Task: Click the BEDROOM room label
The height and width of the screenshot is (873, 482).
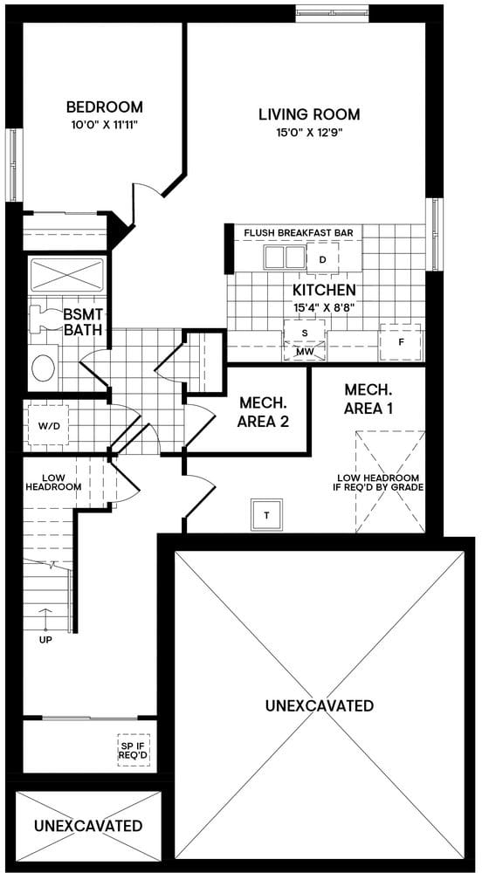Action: pyautogui.click(x=105, y=107)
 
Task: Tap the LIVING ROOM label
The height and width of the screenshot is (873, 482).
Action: pyautogui.click(x=309, y=114)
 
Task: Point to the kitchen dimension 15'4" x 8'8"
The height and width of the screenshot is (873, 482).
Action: pyautogui.click(x=323, y=307)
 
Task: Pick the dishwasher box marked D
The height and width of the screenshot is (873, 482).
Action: pyautogui.click(x=322, y=259)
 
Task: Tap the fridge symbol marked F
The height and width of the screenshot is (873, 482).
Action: pyautogui.click(x=401, y=341)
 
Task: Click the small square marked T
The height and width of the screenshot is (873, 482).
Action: pyautogui.click(x=267, y=515)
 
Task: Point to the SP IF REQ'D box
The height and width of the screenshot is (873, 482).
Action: pyautogui.click(x=134, y=750)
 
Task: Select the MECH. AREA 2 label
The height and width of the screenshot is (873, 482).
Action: pyautogui.click(x=264, y=411)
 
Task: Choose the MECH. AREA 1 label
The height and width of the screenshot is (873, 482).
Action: pyautogui.click(x=368, y=398)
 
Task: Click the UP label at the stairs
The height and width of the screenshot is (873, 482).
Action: pyautogui.click(x=45, y=639)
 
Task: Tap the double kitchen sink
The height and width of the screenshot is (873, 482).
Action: pyautogui.click(x=285, y=258)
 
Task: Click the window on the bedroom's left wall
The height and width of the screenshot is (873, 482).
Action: pyautogui.click(x=14, y=165)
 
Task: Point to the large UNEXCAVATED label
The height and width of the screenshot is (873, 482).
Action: pyautogui.click(x=319, y=705)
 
